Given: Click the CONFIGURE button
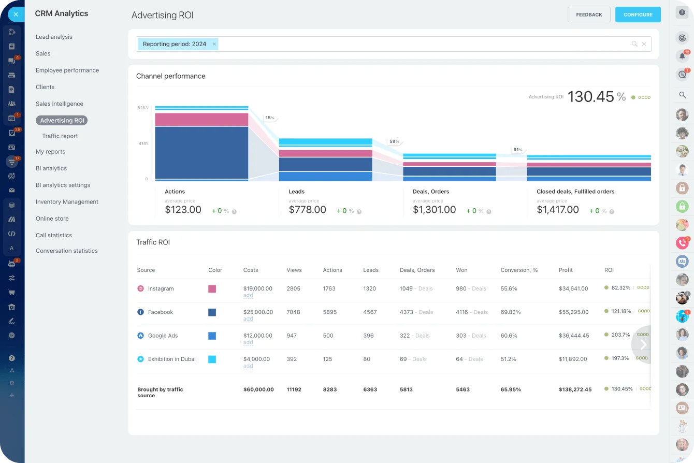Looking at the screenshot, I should tap(638, 15).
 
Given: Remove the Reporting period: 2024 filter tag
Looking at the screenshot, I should tap(214, 44).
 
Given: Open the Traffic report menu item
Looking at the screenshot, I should tap(60, 136).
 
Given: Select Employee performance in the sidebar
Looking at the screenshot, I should tap(67, 70).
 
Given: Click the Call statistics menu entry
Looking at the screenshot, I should tap(54, 235).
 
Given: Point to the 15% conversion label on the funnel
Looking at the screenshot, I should tap(269, 118).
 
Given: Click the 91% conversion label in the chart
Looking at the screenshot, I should tap(517, 150).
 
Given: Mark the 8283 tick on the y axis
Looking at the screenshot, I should tap(142, 108).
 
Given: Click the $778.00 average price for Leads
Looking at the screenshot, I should tap(307, 210).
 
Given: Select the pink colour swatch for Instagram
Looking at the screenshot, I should tap(212, 289).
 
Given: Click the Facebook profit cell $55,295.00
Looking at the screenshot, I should tap(573, 312).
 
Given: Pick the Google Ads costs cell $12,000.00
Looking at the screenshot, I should tap(257, 336).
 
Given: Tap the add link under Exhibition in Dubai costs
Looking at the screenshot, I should tap(248, 366).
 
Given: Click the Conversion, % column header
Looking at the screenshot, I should tap(519, 270).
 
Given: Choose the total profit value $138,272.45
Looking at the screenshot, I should tap(575, 389).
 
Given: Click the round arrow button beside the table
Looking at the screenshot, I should tap(643, 344).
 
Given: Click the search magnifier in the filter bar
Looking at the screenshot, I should tap(634, 44).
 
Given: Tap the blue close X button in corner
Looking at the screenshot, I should tap(16, 15).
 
